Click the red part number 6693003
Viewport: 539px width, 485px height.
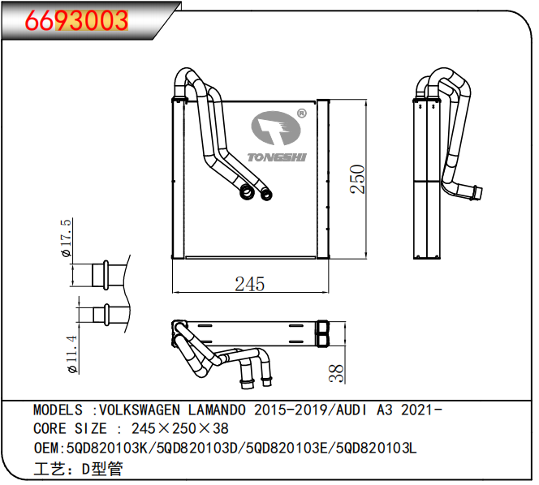click(x=76, y=20)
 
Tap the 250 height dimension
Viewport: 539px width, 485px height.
click(x=357, y=179)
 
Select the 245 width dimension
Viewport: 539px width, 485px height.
click(x=250, y=284)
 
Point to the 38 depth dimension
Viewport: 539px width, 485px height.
click(x=337, y=373)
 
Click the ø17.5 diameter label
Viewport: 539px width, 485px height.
click(x=66, y=238)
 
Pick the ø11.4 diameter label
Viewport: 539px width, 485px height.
click(x=72, y=354)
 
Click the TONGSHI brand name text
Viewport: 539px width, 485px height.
click(x=277, y=157)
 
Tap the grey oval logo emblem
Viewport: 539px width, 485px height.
click(x=276, y=128)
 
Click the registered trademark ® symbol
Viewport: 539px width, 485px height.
click(x=301, y=113)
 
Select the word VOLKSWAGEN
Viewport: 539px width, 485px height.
click(x=140, y=410)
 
